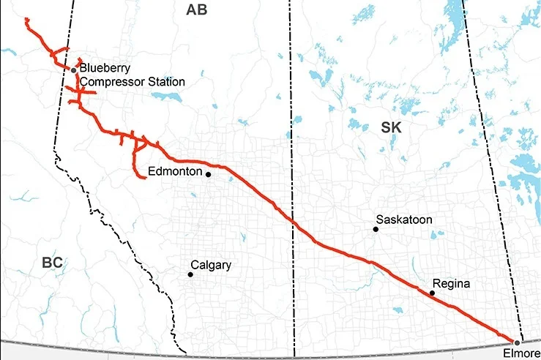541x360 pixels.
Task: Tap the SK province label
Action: tap(392, 127)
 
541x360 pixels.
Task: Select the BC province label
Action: tap(52, 263)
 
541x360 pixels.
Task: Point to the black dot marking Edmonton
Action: tap(209, 175)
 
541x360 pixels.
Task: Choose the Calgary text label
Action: tap(211, 265)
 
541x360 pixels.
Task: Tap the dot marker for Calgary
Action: tap(190, 274)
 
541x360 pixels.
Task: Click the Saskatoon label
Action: tap(404, 219)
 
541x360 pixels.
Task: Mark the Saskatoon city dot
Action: tap(376, 229)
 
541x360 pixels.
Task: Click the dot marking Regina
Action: tap(432, 293)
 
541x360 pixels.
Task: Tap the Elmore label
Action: tap(522, 354)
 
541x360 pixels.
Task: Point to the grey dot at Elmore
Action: tap(517, 342)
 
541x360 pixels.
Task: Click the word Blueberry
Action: tap(105, 68)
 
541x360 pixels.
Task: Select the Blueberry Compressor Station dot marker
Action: tap(74, 70)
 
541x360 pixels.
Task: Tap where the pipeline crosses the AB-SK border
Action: tap(293, 220)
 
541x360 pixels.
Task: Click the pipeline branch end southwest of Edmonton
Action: tap(143, 176)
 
